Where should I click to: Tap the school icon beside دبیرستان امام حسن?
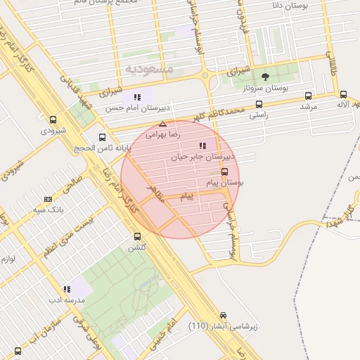coord(138,97)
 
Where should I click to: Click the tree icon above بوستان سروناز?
coord(265,77)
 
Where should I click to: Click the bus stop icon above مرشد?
coord(308,95)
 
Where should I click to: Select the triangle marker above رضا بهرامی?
coord(162,123)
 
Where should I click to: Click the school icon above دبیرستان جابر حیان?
coord(202,146)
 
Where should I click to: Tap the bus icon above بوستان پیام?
coord(225,171)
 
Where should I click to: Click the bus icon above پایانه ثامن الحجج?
coord(103,138)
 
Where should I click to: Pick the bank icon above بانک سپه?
coord(48,199)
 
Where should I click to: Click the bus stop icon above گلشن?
coord(136,236)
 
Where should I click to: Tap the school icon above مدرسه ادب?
coord(67,288)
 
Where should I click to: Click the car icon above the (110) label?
coord(224,315)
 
